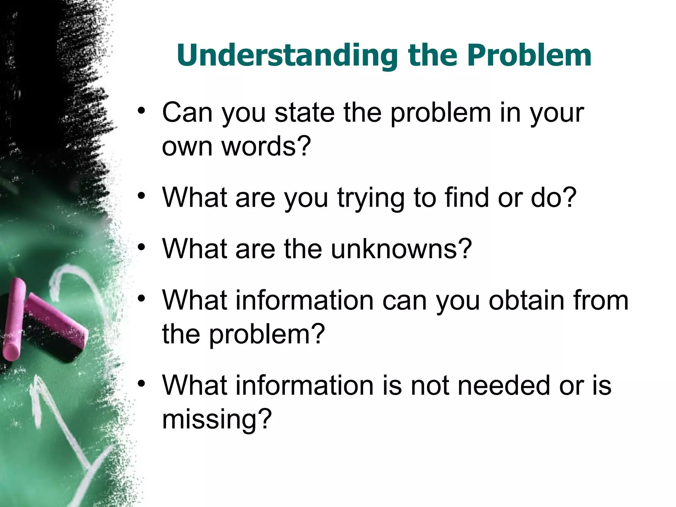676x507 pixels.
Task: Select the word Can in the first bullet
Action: pyautogui.click(x=187, y=113)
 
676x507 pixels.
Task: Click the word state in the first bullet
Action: pyautogui.click(x=304, y=113)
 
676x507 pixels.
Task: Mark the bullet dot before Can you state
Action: pyautogui.click(x=142, y=111)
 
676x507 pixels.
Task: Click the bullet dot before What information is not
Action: pyautogui.click(x=142, y=384)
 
